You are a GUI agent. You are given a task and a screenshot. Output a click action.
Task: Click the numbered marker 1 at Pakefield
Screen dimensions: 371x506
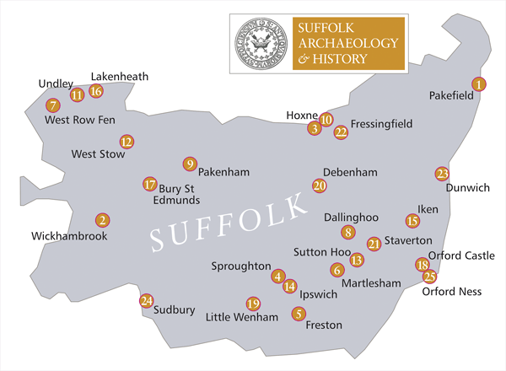coord(479,83)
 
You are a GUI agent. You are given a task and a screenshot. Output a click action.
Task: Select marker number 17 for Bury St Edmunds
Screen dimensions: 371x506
coord(149,184)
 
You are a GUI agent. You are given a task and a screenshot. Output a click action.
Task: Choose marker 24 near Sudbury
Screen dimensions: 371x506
coord(147,300)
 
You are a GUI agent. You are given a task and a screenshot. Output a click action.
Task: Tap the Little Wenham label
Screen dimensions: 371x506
coord(242,318)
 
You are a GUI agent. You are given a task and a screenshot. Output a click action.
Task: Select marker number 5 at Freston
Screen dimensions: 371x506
coord(298,314)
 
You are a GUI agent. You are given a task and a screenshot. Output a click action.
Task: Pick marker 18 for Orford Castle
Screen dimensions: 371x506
coord(423,265)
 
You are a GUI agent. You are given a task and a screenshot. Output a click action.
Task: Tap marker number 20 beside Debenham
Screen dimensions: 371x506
coord(319,185)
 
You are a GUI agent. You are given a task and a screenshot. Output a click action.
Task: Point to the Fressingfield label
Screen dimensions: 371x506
coord(381,124)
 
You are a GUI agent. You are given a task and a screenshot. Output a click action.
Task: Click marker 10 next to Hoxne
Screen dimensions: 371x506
coord(326,120)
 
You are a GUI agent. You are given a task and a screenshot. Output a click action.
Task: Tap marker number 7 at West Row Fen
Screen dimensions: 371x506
coord(52,105)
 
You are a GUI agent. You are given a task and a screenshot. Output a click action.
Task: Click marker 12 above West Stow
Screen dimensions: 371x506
coord(126,142)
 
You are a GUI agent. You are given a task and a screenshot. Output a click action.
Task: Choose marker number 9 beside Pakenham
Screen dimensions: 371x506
coord(190,164)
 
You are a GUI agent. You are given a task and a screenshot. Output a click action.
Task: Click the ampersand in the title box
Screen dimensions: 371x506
coord(302,59)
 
